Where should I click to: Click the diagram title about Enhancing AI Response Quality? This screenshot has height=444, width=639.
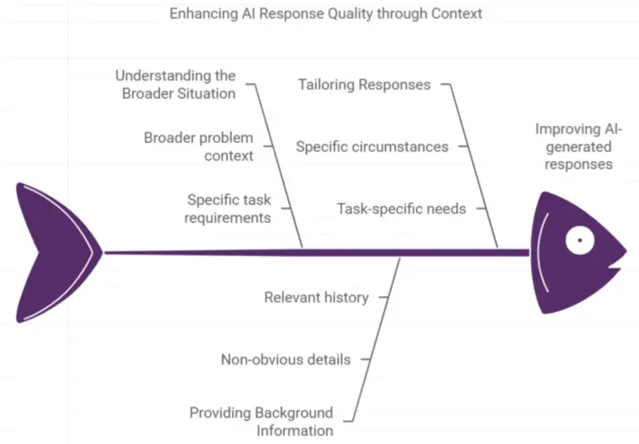(x=325, y=14)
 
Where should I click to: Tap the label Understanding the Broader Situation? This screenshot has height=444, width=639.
(x=176, y=85)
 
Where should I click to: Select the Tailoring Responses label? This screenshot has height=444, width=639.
(x=364, y=84)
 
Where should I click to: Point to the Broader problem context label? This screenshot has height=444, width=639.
(x=198, y=146)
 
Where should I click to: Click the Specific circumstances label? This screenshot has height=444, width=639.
(x=372, y=146)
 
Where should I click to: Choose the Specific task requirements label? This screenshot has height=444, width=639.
(x=228, y=209)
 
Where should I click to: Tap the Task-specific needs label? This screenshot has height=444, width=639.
(x=401, y=209)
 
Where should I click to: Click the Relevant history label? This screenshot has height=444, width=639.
(x=316, y=297)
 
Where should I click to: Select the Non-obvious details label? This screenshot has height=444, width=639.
(x=285, y=359)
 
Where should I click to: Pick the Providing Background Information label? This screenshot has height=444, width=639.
(x=261, y=422)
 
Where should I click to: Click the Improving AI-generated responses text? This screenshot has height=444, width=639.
(x=578, y=146)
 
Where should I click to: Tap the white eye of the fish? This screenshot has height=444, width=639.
(x=578, y=241)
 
